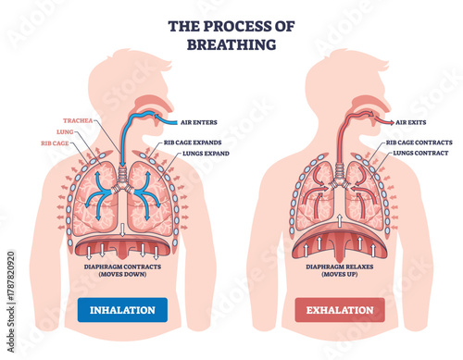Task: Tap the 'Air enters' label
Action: click(202, 121)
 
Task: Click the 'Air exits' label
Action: click(411, 121)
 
